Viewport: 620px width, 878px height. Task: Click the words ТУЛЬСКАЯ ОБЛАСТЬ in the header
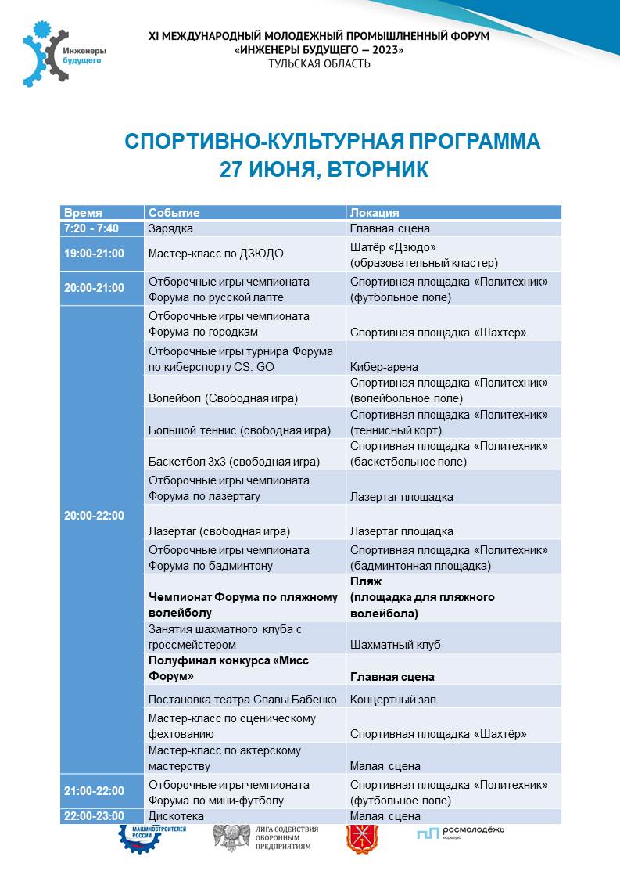pyautogui.click(x=319, y=63)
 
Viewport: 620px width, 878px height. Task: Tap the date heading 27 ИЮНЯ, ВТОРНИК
pyautogui.click(x=324, y=170)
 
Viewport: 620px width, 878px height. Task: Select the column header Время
pyautogui.click(x=83, y=213)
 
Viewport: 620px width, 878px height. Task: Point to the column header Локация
pyautogui.click(x=375, y=213)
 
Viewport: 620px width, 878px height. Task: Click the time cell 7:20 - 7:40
pyautogui.click(x=91, y=228)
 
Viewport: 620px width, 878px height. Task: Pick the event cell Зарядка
pyautogui.click(x=170, y=228)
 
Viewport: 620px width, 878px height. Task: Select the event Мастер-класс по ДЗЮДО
pyautogui.click(x=216, y=254)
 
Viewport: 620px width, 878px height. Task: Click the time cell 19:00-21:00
pyautogui.click(x=94, y=254)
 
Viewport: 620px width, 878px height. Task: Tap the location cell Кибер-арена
pyautogui.click(x=384, y=367)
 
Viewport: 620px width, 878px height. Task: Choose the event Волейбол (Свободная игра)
pyautogui.click(x=223, y=398)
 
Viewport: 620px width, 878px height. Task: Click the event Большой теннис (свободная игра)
pyautogui.click(x=239, y=430)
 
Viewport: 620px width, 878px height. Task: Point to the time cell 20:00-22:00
pyautogui.click(x=94, y=516)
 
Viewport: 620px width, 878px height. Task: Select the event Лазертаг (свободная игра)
pyautogui.click(x=219, y=531)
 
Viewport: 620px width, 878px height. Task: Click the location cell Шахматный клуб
pyautogui.click(x=395, y=645)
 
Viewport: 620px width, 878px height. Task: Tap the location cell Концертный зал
pyautogui.click(x=392, y=699)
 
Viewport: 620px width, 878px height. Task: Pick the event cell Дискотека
pyautogui.click(x=176, y=816)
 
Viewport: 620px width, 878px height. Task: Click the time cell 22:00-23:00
pyautogui.click(x=94, y=816)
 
